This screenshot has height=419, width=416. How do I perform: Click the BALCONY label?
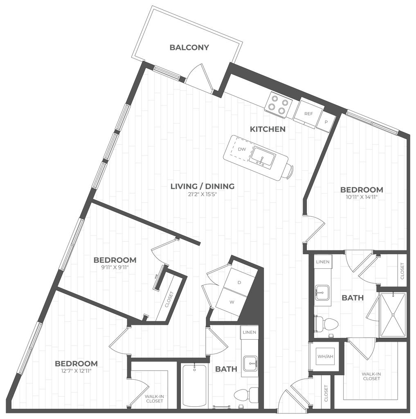coord(189,48)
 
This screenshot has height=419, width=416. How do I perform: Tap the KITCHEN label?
coord(268,129)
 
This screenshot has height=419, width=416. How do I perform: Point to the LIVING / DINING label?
coord(202,187)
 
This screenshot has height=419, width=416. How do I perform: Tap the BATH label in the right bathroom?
coord(353,297)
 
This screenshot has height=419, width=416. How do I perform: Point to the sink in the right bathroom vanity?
coord(323,292)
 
